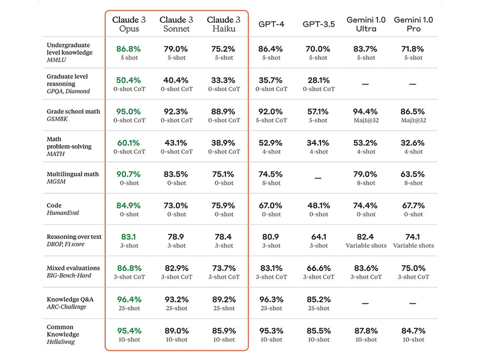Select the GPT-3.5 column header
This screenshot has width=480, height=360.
(318, 24)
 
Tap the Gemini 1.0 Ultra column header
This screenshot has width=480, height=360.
(365, 24)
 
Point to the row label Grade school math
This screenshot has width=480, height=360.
(73, 112)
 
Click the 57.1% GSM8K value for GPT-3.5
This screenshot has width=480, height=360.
(318, 111)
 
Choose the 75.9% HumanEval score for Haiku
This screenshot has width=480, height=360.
(224, 206)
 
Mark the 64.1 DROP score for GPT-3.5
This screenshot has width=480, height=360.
(318, 237)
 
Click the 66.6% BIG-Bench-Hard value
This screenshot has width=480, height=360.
(318, 268)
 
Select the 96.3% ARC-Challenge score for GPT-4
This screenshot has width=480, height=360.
(270, 299)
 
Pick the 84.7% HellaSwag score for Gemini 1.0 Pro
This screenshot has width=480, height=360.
(413, 331)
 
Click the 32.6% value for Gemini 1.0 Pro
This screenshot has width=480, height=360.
(413, 143)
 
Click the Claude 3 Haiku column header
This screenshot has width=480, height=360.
(224, 24)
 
